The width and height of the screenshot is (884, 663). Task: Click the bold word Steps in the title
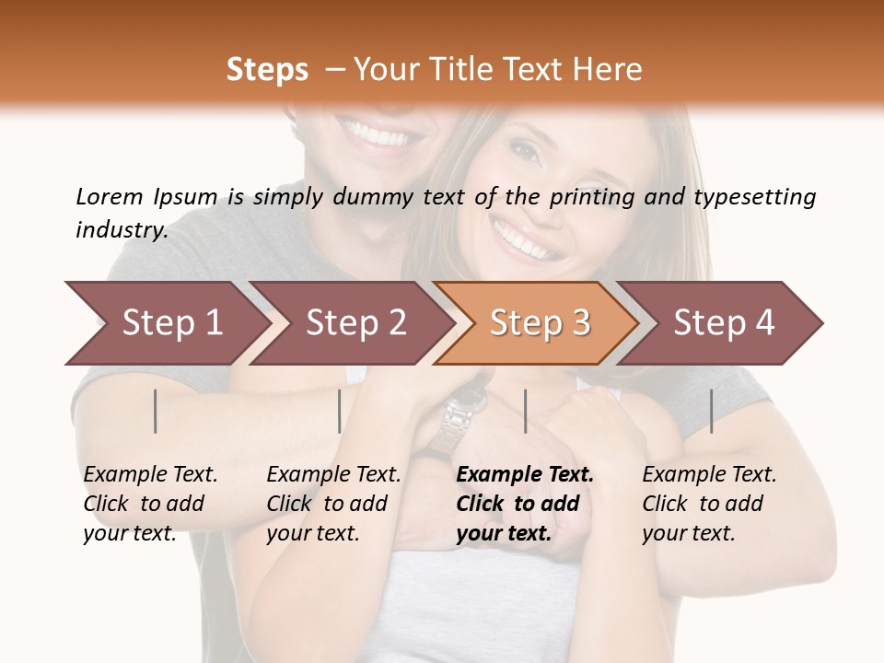(267, 70)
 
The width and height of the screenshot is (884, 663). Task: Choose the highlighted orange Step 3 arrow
(540, 323)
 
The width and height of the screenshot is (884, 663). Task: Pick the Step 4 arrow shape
(724, 323)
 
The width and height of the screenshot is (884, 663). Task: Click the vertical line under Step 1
(156, 411)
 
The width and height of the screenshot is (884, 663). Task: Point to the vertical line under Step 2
(340, 411)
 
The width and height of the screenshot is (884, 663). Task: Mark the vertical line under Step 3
(525, 411)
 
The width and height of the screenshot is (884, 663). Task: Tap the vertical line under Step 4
(711, 411)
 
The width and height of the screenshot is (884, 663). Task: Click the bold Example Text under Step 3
(525, 475)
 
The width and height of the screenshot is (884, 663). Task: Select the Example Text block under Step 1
(150, 504)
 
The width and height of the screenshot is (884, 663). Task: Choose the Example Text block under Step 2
(333, 504)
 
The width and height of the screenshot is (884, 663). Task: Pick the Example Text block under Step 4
(709, 504)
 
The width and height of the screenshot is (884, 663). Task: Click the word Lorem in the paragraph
(109, 197)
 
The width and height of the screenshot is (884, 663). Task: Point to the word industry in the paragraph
(122, 229)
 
